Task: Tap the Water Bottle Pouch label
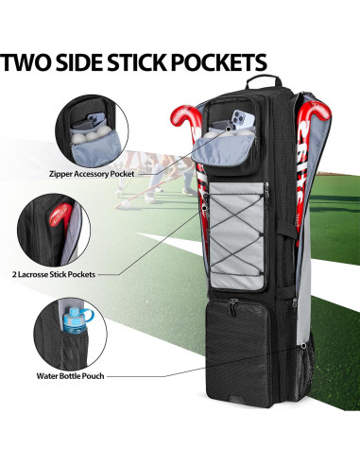tap(92, 375)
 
